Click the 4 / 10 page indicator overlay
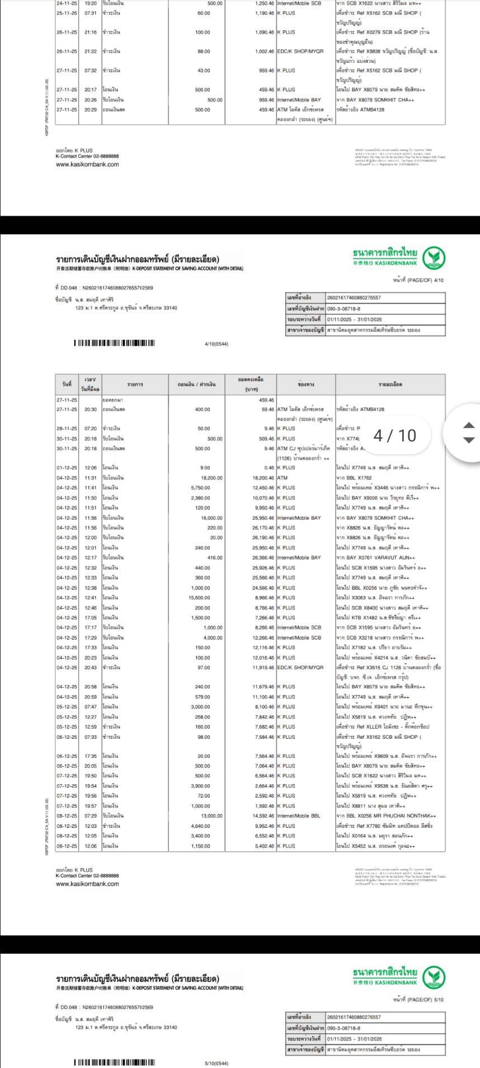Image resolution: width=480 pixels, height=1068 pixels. pyautogui.click(x=395, y=436)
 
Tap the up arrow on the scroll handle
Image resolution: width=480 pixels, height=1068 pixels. pyautogui.click(x=469, y=425)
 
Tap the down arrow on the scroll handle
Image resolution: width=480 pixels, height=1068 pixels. pyautogui.click(x=469, y=440)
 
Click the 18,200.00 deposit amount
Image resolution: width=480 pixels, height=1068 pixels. pyautogui.click(x=211, y=478)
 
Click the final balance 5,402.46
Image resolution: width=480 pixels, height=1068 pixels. pyautogui.click(x=263, y=846)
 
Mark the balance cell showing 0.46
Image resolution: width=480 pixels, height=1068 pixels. pyautogui.click(x=266, y=468)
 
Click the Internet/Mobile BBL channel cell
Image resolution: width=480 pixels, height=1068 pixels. pyautogui.click(x=299, y=816)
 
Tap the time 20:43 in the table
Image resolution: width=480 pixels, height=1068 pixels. pyautogui.click(x=91, y=668)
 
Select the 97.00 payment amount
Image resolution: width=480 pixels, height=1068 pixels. pyautogui.click(x=204, y=668)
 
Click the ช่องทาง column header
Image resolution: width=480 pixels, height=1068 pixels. pyautogui.click(x=306, y=385)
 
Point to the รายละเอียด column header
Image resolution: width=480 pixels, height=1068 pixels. pyautogui.click(x=390, y=385)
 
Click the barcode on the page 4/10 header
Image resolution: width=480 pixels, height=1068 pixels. pyautogui.click(x=115, y=343)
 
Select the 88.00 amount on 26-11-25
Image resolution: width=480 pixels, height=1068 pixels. pyautogui.click(x=204, y=52)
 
